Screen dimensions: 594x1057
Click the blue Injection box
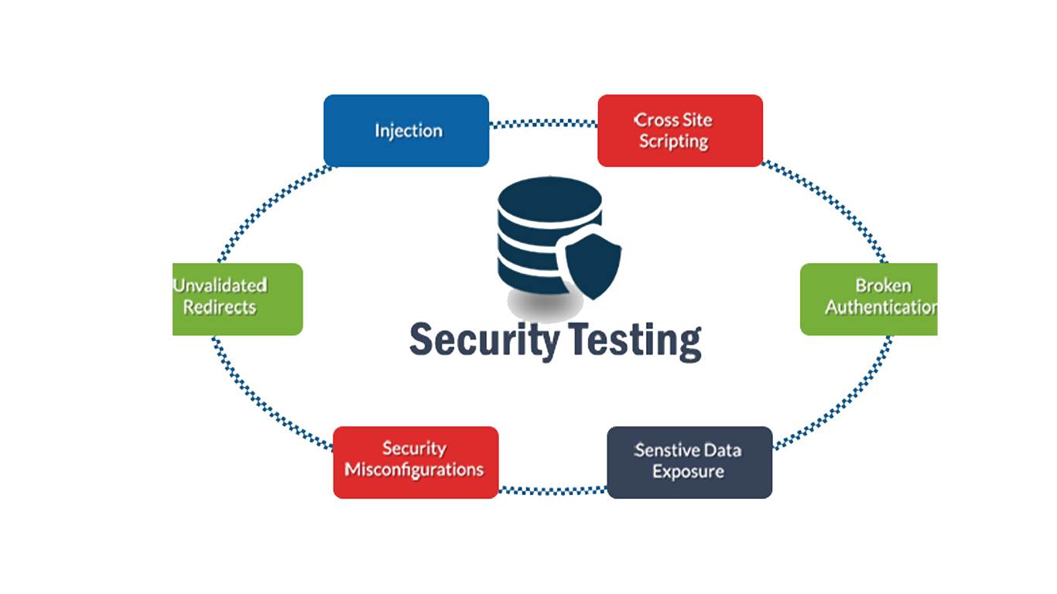(406, 130)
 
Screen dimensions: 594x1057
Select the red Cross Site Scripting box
(680, 130)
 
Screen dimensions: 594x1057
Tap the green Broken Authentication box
(868, 299)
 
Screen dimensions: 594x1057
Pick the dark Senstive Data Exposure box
(689, 462)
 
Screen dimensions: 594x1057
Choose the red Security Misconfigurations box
(416, 462)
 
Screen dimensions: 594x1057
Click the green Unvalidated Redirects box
(237, 299)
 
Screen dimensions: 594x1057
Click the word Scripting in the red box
(674, 142)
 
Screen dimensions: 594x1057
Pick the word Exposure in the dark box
(689, 472)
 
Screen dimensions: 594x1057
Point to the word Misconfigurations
(415, 470)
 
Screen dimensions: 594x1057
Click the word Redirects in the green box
(220, 307)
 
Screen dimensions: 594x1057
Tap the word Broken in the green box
(882, 286)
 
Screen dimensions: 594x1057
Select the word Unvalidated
(221, 285)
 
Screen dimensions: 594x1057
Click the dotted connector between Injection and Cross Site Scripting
(543, 123)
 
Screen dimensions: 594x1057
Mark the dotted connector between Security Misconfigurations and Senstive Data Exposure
(552, 490)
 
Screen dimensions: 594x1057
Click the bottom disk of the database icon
(534, 275)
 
